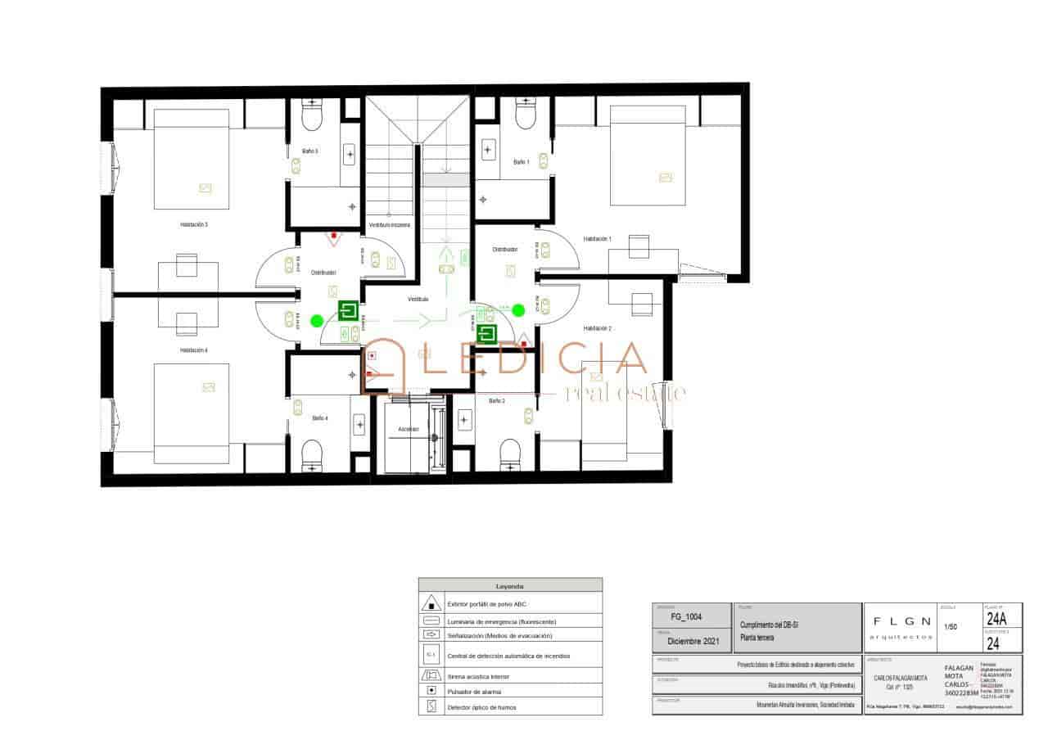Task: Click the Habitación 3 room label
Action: pos(194,223)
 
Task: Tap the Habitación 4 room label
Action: pos(194,350)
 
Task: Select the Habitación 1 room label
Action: pos(597,239)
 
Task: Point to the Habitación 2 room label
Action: pos(597,328)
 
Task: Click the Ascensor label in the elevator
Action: pos(409,429)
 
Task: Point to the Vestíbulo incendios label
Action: pos(389,224)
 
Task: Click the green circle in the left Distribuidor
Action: pos(317,320)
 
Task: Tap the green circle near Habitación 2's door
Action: pos(517,310)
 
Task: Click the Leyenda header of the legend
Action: pos(510,585)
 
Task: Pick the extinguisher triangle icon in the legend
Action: pos(431,604)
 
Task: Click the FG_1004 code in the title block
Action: pos(686,616)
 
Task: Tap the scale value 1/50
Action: pos(951,626)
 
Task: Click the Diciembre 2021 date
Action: pos(693,642)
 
